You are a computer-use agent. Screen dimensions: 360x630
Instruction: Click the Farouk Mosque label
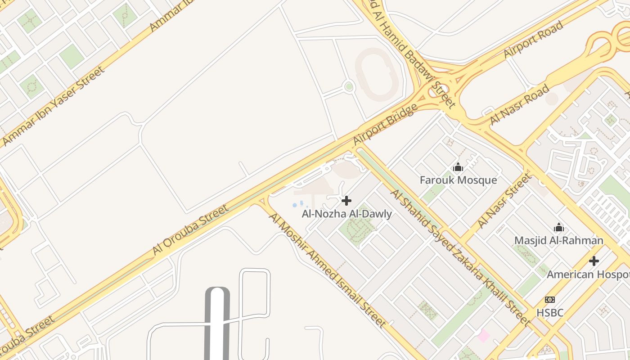[x=458, y=180]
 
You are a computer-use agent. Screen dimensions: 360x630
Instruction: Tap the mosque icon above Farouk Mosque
[x=458, y=167]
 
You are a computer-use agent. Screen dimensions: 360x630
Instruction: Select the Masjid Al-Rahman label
[x=558, y=240]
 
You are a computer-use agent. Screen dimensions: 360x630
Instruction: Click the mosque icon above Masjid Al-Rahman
[x=558, y=227]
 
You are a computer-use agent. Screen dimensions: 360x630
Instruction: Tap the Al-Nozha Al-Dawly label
[x=346, y=214]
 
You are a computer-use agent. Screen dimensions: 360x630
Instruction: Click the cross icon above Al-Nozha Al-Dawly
[x=346, y=201]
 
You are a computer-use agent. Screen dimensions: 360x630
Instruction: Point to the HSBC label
[x=549, y=312]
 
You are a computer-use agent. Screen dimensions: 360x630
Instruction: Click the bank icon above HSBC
[x=549, y=300]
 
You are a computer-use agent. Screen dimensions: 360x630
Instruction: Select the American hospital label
[x=588, y=274]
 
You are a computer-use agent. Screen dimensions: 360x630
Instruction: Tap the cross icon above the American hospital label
[x=594, y=261]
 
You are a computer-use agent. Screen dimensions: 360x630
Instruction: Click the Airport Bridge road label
[x=385, y=125]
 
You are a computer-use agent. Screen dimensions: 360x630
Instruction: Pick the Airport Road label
[x=533, y=39]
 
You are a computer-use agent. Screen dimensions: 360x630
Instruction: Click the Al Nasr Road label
[x=519, y=104]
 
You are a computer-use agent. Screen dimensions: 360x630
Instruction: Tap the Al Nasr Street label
[x=504, y=201]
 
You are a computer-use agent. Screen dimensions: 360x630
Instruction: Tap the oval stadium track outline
[x=377, y=74]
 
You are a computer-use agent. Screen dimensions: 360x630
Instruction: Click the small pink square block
[x=483, y=336]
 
